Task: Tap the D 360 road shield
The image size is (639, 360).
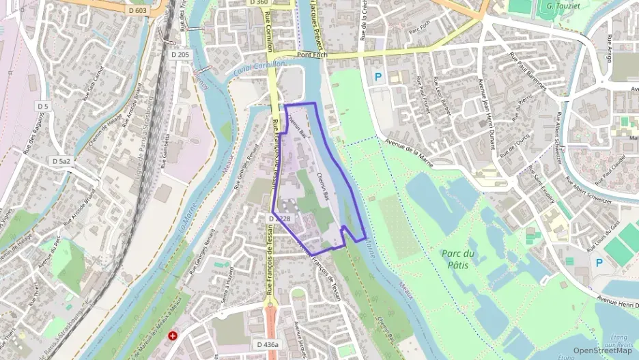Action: [259, 3]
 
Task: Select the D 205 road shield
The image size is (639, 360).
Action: [180, 53]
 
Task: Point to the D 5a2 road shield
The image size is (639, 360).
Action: [61, 161]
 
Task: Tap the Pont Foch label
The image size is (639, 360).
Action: [313, 55]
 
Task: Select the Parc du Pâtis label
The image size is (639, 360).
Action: [458, 258]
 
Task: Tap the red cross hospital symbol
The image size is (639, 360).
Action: [173, 336]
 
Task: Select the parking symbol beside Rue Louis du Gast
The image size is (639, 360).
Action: [599, 262]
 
